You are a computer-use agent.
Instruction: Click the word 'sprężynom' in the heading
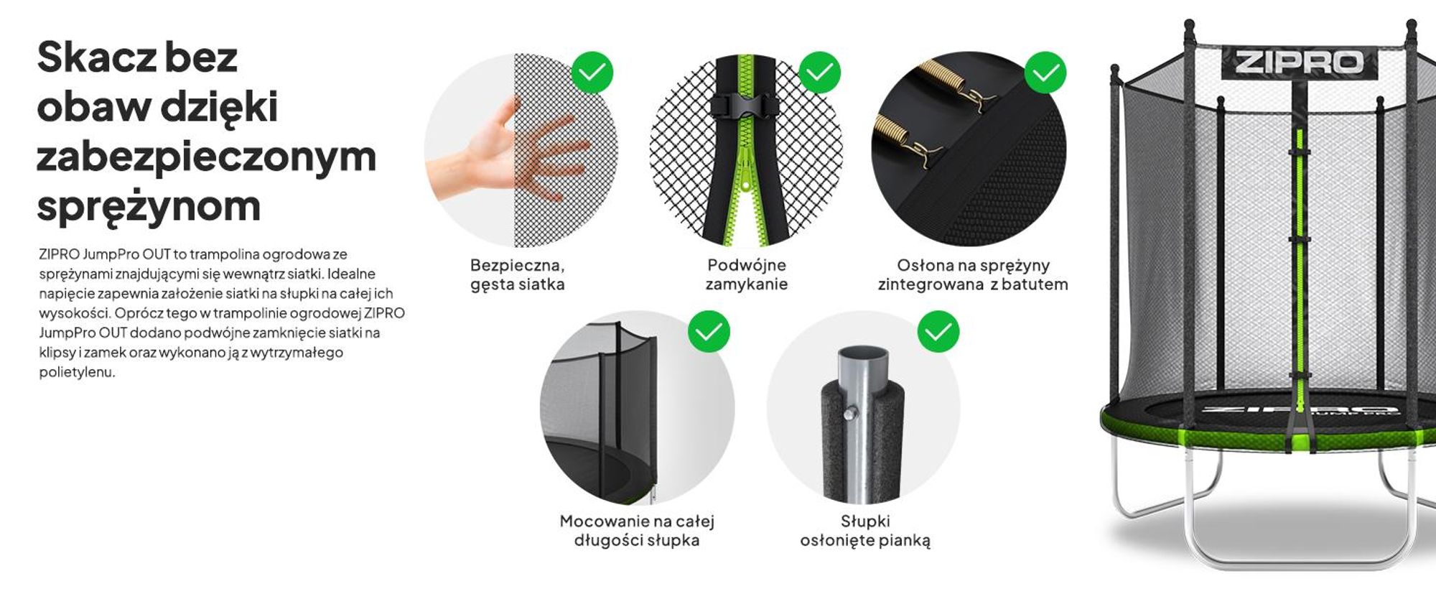[149, 207]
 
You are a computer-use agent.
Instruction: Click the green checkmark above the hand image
[592, 72]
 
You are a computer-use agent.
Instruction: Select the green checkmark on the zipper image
[819, 72]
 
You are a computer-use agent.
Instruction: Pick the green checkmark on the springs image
[1045, 72]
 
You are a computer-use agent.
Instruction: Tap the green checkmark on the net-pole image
[709, 331]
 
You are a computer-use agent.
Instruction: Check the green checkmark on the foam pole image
[938, 331]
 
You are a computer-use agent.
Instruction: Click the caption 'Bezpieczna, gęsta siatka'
[518, 274]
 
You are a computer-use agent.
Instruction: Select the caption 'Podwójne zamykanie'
[747, 274]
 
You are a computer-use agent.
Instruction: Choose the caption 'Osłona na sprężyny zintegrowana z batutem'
[973, 274]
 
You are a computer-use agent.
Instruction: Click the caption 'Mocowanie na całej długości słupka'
[637, 530]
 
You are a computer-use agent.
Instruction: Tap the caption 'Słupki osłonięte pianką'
[865, 530]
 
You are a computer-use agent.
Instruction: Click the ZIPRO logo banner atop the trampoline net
[1300, 63]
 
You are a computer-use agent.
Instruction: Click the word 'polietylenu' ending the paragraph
[76, 372]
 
